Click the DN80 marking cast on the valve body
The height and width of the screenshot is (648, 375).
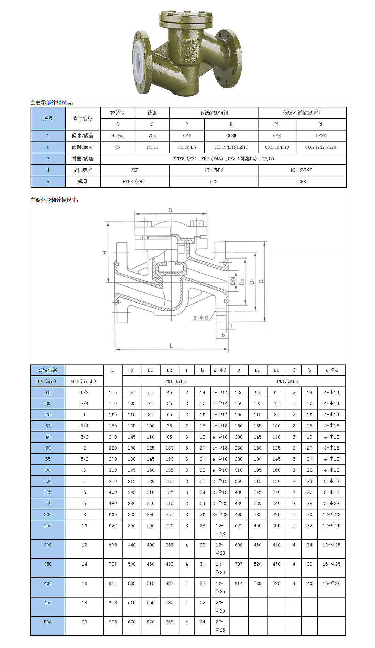tap(191, 42)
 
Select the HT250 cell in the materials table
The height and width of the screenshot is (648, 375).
tap(118, 136)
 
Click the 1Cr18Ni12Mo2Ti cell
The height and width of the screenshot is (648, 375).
tap(231, 147)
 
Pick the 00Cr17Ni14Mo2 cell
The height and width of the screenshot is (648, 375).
tap(321, 147)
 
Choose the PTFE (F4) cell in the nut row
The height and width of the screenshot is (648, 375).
tap(135, 182)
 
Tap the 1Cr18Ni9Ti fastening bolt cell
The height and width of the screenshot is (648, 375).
tap(302, 170)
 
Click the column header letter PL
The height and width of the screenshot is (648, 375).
tap(277, 124)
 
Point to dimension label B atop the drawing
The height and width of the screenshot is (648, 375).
tap(170, 210)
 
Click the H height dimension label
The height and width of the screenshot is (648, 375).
tap(105, 253)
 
